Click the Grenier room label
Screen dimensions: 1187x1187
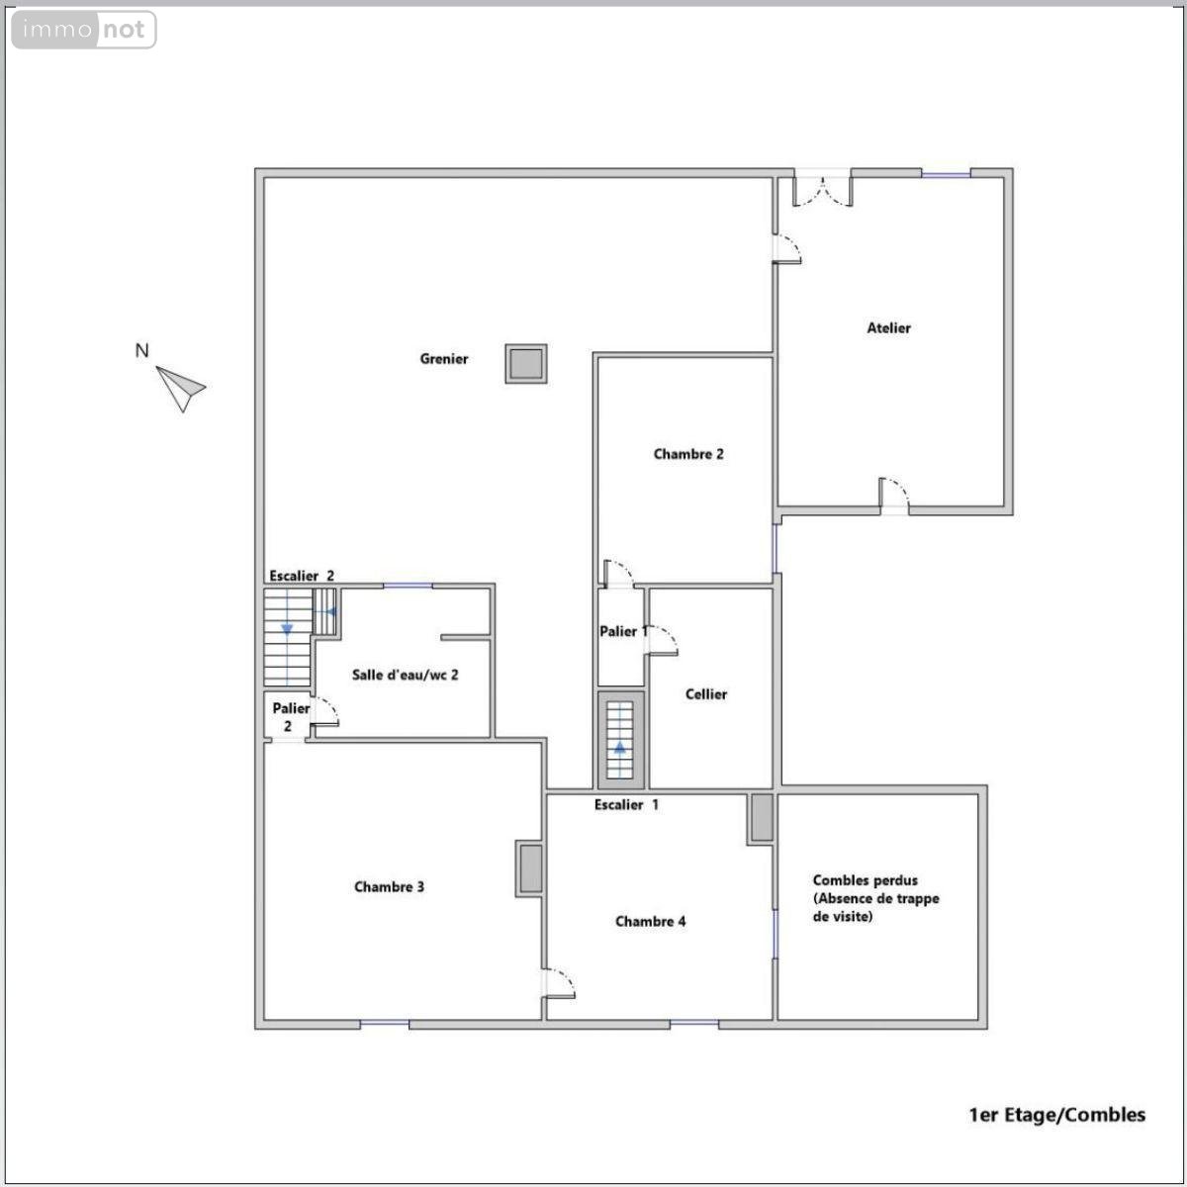click(x=443, y=358)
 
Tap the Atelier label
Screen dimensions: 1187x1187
click(x=888, y=327)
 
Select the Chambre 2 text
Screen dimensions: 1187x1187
click(x=688, y=454)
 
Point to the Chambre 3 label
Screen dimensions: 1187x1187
click(x=389, y=886)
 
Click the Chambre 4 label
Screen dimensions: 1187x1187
click(x=650, y=921)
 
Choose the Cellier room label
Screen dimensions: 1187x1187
click(x=706, y=694)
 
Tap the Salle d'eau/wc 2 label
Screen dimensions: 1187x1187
click(x=405, y=675)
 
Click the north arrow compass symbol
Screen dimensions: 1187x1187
click(x=180, y=389)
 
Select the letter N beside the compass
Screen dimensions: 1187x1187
click(x=141, y=350)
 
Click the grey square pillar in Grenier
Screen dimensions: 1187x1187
click(x=526, y=363)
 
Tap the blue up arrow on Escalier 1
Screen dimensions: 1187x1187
click(x=619, y=748)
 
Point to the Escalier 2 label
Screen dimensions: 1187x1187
click(x=302, y=576)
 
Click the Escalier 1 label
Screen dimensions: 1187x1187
click(x=626, y=804)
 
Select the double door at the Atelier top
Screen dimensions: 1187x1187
click(x=822, y=192)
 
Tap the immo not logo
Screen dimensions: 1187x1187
click(x=84, y=30)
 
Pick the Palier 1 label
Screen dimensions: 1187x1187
click(x=623, y=631)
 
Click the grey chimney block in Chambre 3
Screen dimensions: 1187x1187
click(x=530, y=867)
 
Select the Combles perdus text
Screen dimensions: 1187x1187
click(x=865, y=880)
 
